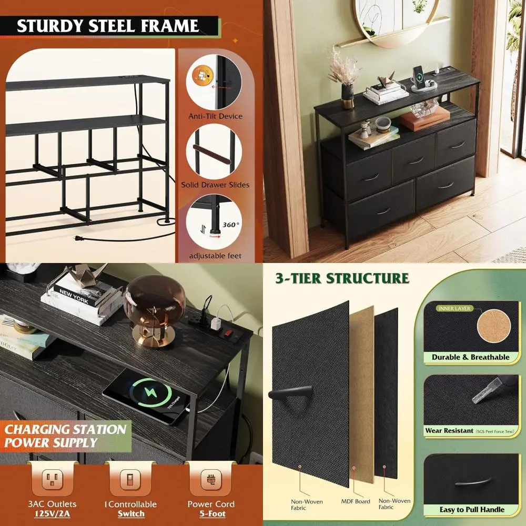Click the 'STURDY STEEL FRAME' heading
pyautogui.click(x=108, y=26)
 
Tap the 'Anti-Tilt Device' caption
pyautogui.click(x=215, y=116)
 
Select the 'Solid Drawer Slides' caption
pyautogui.click(x=215, y=185)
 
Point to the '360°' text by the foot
pyautogui.click(x=230, y=225)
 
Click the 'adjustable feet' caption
pyautogui.click(x=215, y=256)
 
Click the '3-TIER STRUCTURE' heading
pyautogui.click(x=341, y=278)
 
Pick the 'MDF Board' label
pyautogui.click(x=356, y=501)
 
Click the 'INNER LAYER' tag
pyautogui.click(x=454, y=308)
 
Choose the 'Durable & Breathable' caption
pyautogui.click(x=471, y=357)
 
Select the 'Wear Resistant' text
pyautogui.click(x=449, y=431)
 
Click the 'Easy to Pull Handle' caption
pyautogui.click(x=472, y=509)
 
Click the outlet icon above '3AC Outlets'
pyautogui.click(x=53, y=479)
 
